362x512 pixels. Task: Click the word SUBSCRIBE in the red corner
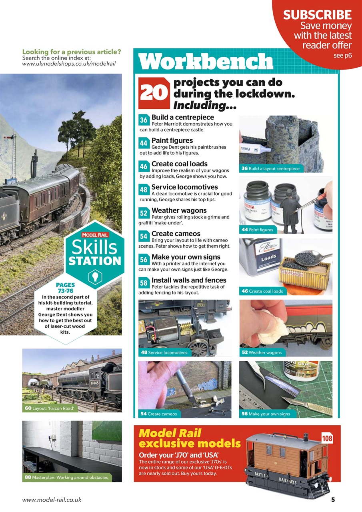pos(317,15)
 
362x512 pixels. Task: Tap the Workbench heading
pos(206,61)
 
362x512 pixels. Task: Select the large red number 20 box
pos(154,93)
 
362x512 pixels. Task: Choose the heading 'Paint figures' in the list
pos(172,140)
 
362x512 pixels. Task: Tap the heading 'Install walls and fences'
pos(189,280)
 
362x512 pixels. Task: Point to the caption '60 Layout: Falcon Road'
pos(49,408)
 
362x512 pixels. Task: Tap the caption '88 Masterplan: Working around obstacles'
pos(67,477)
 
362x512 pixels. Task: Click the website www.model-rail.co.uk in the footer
pos(52,500)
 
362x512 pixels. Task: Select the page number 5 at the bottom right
pos(333,500)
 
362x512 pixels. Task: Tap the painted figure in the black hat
pos(289,212)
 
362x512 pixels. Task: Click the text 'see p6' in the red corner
pos(343,56)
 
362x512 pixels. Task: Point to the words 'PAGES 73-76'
pos(65,288)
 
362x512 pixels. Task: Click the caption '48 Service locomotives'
pos(164,352)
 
